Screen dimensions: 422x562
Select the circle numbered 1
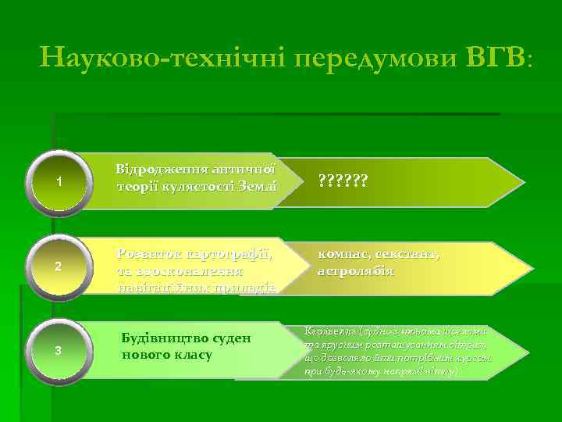[59, 181]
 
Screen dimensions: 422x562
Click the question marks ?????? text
[343, 181]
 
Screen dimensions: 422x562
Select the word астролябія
[355, 271]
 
